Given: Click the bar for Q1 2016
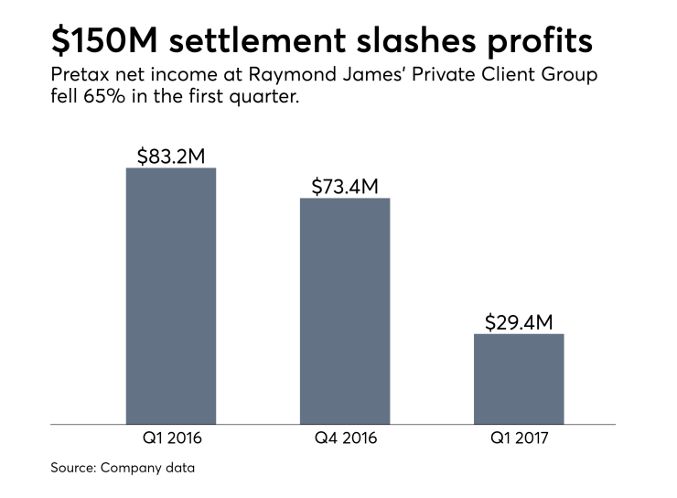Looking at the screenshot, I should pos(170,296).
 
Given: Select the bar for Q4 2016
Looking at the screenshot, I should pos(344,311).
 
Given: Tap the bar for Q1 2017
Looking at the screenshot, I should pos(518,379).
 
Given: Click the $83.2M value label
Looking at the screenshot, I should pos(170,156).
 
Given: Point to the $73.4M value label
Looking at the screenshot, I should pos(344,186).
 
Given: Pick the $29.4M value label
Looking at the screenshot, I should pos(518,321).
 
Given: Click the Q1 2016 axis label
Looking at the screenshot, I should pos(170,438).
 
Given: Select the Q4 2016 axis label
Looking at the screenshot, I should pos(344,438).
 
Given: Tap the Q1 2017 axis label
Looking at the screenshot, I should pos(518,438).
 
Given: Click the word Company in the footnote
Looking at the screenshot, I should pos(134,469).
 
